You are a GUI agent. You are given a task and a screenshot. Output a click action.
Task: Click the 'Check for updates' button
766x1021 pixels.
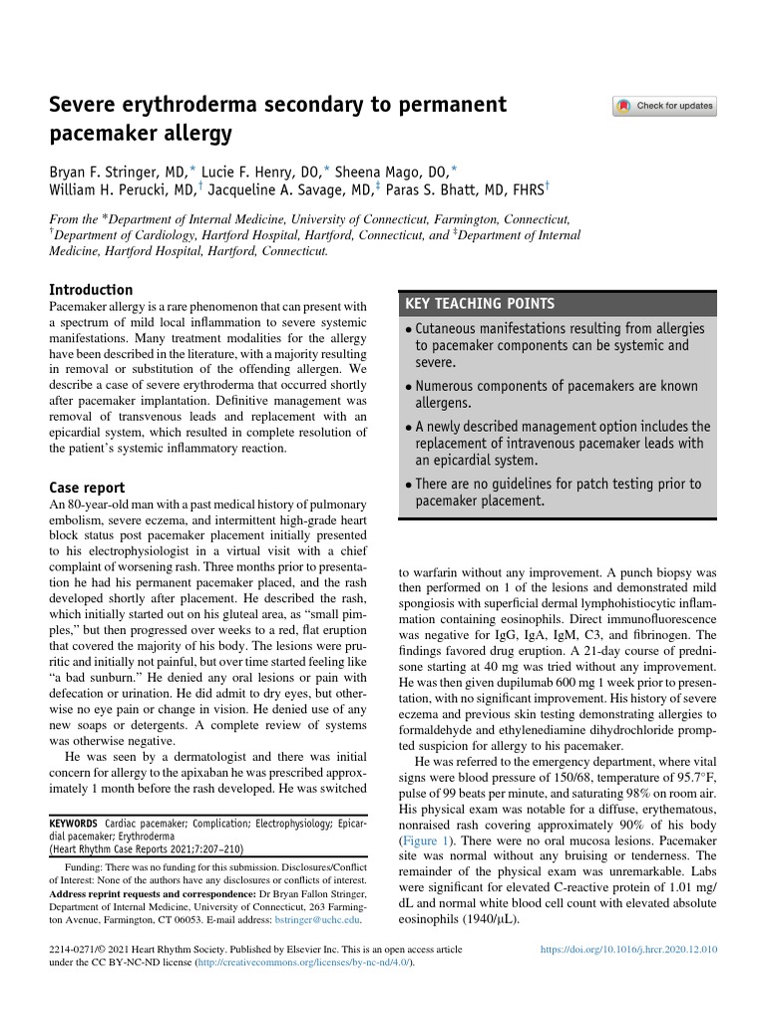click(x=664, y=106)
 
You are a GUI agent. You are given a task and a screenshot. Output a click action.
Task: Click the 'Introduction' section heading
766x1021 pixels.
click(x=91, y=289)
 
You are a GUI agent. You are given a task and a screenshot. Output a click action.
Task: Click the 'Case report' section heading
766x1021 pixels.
click(x=87, y=489)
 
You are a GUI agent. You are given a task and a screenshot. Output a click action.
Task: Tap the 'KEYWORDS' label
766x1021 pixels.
click(x=73, y=824)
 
